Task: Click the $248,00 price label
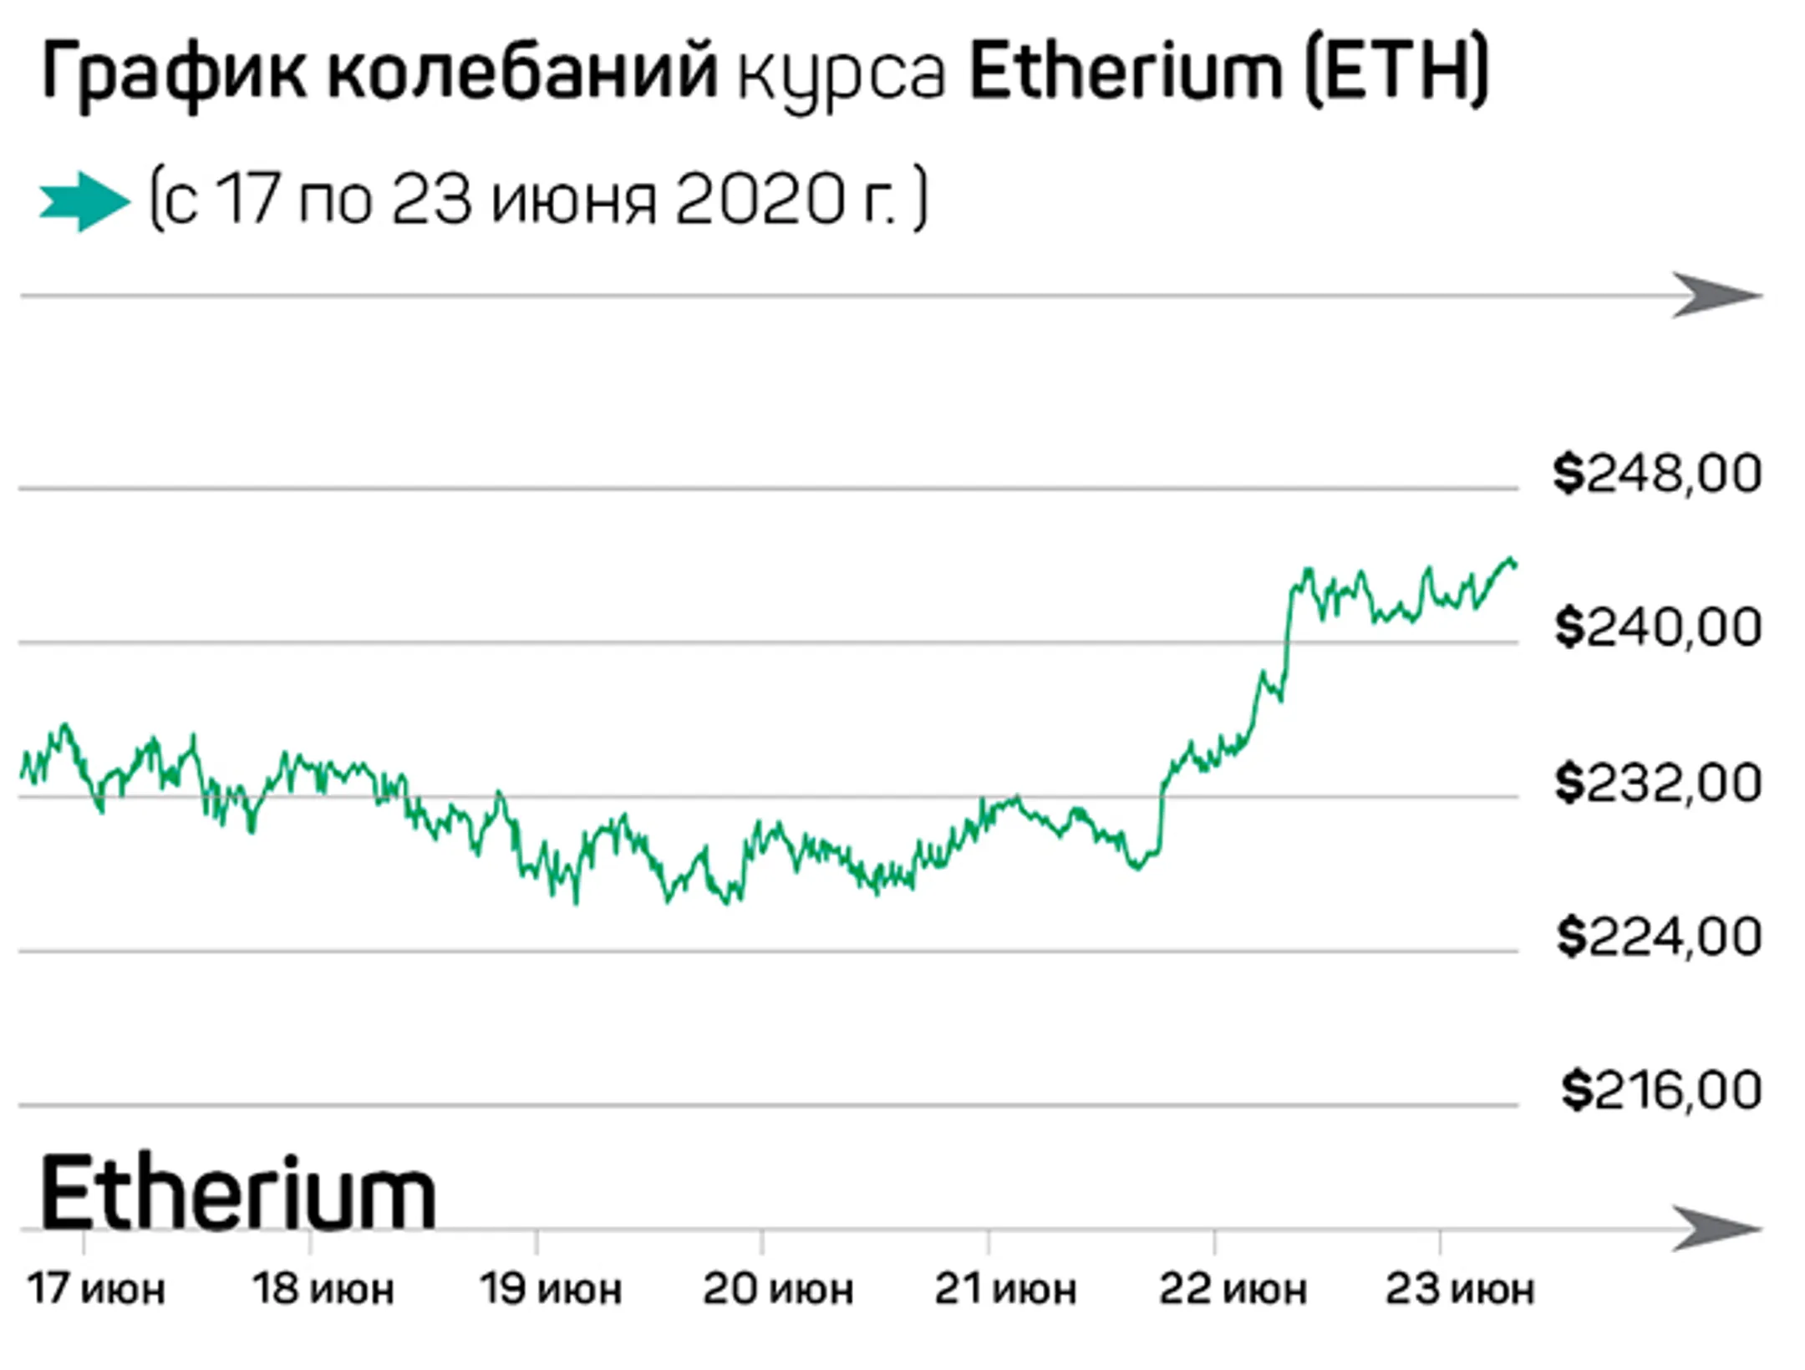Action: (x=1657, y=474)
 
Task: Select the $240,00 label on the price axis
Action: (x=1658, y=627)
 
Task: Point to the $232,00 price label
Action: (x=1658, y=783)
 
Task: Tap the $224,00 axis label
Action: (x=1659, y=936)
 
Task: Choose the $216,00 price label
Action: (x=1661, y=1090)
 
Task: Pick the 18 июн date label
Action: (x=323, y=1289)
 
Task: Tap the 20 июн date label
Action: (x=777, y=1289)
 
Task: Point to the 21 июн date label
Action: (x=1004, y=1289)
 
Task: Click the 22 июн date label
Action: (x=1232, y=1289)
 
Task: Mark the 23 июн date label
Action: (x=1459, y=1289)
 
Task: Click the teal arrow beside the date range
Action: (x=84, y=201)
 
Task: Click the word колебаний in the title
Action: (x=522, y=74)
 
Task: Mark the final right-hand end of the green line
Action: (x=1515, y=566)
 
